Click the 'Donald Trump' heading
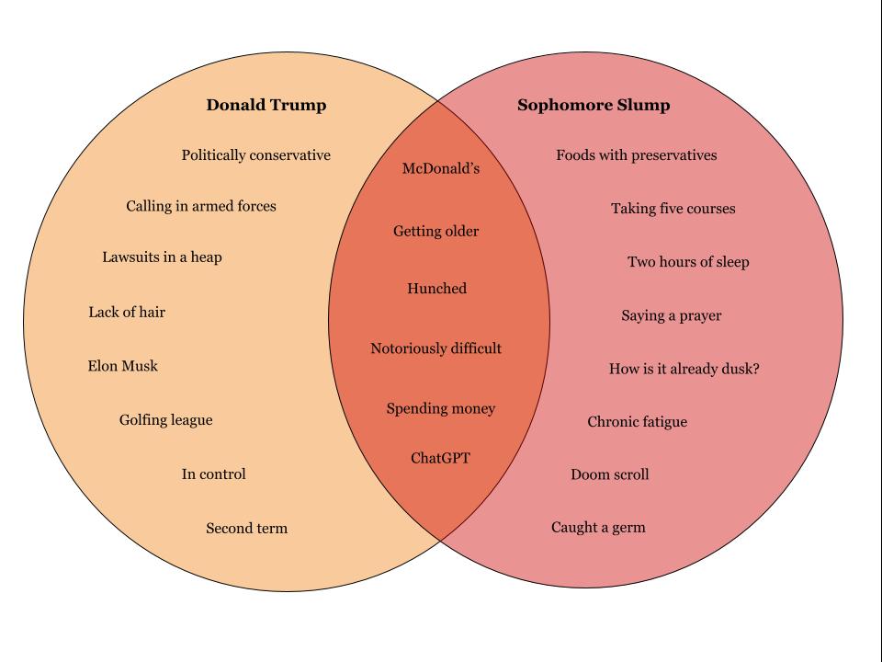click(x=266, y=105)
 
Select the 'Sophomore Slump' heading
click(x=594, y=105)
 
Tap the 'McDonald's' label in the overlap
click(x=441, y=168)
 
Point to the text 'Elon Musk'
click(x=123, y=366)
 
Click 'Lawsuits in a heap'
click(x=162, y=257)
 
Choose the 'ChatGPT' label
click(x=440, y=458)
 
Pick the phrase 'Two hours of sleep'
click(x=688, y=262)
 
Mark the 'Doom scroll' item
click(x=610, y=474)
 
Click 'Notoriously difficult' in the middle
click(x=436, y=348)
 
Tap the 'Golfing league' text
click(x=166, y=420)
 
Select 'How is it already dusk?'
click(x=684, y=370)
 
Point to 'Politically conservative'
click(x=256, y=155)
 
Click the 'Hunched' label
click(x=437, y=289)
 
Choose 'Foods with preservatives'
click(x=637, y=155)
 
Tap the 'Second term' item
click(x=247, y=529)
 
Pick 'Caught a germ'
click(x=598, y=528)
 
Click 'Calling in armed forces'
click(x=201, y=206)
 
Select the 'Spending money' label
click(x=441, y=408)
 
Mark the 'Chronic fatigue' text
click(x=638, y=422)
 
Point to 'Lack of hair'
click(x=127, y=313)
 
